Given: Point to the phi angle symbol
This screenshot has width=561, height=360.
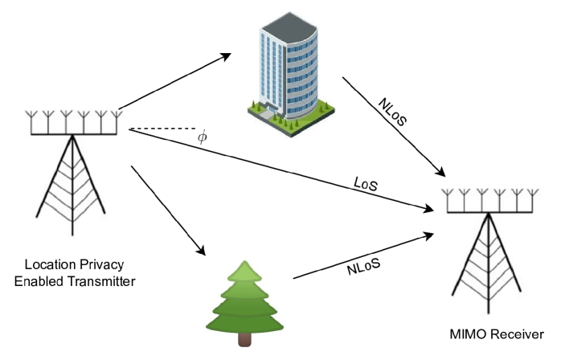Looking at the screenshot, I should tap(202, 137).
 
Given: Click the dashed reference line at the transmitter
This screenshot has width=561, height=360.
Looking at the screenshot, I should tap(161, 129).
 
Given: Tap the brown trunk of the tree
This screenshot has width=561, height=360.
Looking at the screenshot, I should tap(245, 340).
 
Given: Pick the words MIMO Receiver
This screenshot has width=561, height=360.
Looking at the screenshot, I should tap(497, 333).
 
